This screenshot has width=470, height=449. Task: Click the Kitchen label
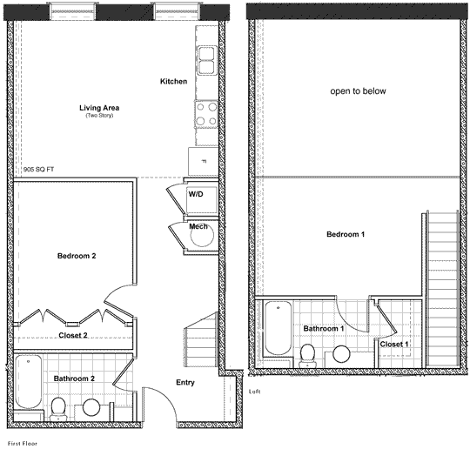click(x=173, y=81)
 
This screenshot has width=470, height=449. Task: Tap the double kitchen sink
click(x=206, y=60)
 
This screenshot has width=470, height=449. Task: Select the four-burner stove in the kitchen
click(x=206, y=114)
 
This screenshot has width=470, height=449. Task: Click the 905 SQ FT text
click(x=38, y=170)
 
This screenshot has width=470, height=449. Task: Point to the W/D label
click(x=196, y=194)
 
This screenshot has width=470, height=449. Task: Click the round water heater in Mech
click(x=202, y=235)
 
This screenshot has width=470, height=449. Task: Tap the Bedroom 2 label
click(x=77, y=256)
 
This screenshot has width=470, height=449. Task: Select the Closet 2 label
click(x=73, y=335)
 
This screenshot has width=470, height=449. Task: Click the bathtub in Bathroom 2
click(x=28, y=381)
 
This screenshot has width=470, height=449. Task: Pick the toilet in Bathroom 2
click(x=57, y=409)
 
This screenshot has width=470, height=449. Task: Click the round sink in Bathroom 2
click(x=91, y=407)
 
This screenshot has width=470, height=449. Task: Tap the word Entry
click(x=185, y=383)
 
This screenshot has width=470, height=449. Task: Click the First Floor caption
click(x=23, y=443)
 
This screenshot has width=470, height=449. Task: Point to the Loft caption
click(x=254, y=392)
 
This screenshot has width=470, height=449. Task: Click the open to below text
click(x=358, y=91)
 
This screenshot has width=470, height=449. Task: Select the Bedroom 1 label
click(x=346, y=234)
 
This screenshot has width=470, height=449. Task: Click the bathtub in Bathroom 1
click(x=279, y=327)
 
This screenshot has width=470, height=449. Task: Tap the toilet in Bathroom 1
click(x=308, y=356)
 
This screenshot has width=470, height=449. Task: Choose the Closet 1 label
click(x=394, y=345)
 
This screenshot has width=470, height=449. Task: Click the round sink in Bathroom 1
click(x=341, y=354)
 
